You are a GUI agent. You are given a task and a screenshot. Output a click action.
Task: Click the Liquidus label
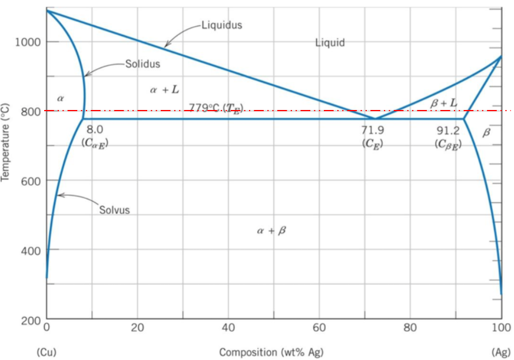pyautogui.click(x=221, y=25)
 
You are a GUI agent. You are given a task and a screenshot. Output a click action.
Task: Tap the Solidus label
pyautogui.click(x=142, y=64)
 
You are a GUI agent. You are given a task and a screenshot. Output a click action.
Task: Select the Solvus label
pyautogui.click(x=114, y=210)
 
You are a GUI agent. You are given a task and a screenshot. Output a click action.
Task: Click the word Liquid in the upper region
pyautogui.click(x=330, y=42)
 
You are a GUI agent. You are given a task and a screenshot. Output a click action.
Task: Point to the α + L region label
pyautogui.click(x=164, y=90)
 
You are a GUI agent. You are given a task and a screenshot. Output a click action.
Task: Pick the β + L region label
pyautogui.click(x=443, y=103)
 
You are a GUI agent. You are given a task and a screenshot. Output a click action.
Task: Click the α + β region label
pyautogui.click(x=271, y=231)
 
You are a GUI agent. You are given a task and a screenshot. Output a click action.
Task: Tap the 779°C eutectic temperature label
pyautogui.click(x=215, y=107)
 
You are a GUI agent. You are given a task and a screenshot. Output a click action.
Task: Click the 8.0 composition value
pyautogui.click(x=94, y=129)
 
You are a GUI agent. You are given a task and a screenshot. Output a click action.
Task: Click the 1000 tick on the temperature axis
pyautogui.click(x=28, y=42)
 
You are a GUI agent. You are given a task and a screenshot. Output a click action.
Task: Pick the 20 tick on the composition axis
pyautogui.click(x=137, y=327)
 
